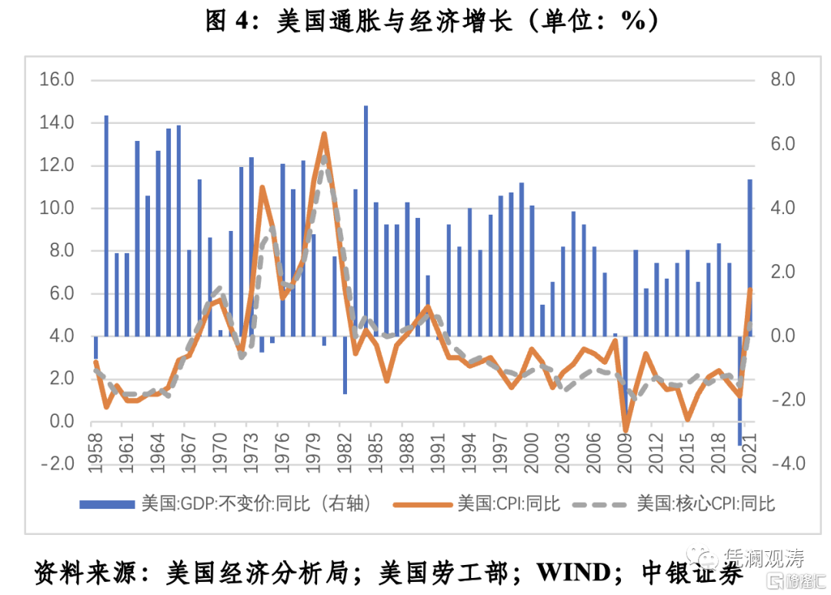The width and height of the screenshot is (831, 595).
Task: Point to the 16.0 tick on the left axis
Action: [58, 79]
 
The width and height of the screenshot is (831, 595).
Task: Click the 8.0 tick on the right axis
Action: [777, 79]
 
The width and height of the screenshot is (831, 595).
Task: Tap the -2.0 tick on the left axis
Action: [58, 463]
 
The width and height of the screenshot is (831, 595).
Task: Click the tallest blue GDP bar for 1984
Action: [365, 220]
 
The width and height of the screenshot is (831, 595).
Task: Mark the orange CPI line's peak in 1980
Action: [324, 134]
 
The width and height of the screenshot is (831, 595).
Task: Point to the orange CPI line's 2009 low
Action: [626, 431]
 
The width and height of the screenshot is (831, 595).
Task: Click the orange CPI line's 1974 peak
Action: [262, 187]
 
